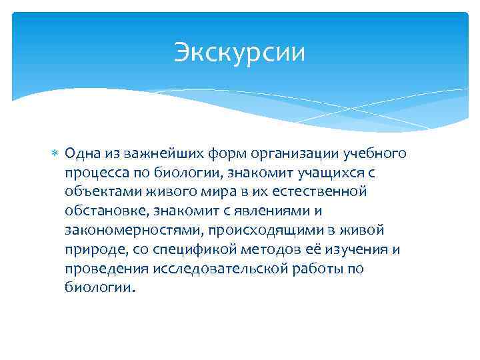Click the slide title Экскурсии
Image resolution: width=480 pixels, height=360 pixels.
(x=239, y=53)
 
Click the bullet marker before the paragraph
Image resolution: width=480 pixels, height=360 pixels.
(x=56, y=155)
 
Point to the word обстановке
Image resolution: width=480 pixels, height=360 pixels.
(x=105, y=212)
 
